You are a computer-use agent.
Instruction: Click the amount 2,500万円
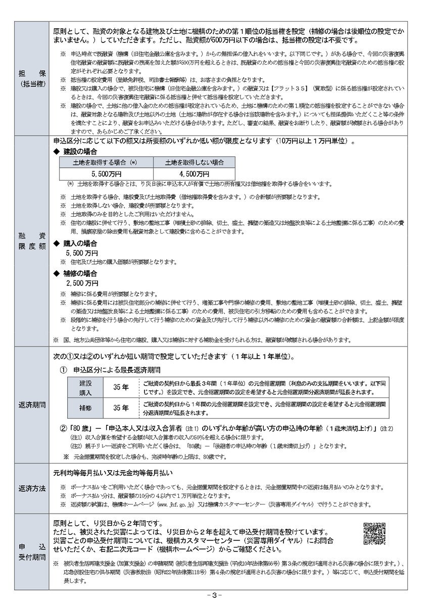pos(82,283)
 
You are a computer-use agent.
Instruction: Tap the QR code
pos(374,533)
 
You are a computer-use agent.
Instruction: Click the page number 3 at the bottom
pos(214,596)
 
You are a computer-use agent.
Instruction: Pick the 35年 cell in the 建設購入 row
pos(121,387)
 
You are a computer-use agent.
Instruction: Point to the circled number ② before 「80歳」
pos(63,428)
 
